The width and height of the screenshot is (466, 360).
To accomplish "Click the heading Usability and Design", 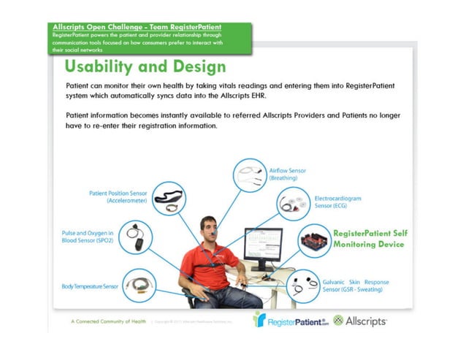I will coord(145,67).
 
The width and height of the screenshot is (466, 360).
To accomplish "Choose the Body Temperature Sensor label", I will coord(90,287).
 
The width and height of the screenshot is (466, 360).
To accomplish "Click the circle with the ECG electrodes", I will coord(296,204).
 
